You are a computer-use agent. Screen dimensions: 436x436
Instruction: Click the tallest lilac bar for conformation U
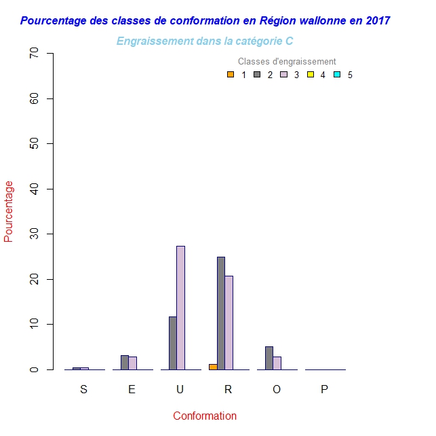[x=180, y=308]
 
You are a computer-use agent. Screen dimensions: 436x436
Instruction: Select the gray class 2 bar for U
[x=173, y=343]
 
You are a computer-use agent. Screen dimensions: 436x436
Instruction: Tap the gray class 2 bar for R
[x=221, y=313]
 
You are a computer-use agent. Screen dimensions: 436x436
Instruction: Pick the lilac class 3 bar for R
[x=229, y=323]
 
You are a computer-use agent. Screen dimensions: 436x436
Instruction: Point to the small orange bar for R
[x=213, y=367]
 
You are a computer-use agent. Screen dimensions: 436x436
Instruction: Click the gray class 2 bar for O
[x=269, y=358]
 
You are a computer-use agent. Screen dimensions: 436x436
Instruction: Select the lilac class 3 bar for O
[x=277, y=363]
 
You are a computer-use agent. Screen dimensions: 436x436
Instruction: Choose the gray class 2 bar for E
[x=125, y=362]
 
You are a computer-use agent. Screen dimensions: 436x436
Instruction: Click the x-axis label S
[x=83, y=389]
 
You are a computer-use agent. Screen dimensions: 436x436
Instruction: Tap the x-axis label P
[x=324, y=389]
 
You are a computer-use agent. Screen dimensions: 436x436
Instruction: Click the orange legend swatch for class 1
[x=231, y=75]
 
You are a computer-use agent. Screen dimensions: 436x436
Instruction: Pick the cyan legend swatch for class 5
[x=337, y=75]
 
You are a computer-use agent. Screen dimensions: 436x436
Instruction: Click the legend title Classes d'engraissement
[x=287, y=62]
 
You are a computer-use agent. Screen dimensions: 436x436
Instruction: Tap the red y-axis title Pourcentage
[x=9, y=211]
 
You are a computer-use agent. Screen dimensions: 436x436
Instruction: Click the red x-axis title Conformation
[x=205, y=416]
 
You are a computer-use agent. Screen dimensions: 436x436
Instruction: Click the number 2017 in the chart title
[x=377, y=21]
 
